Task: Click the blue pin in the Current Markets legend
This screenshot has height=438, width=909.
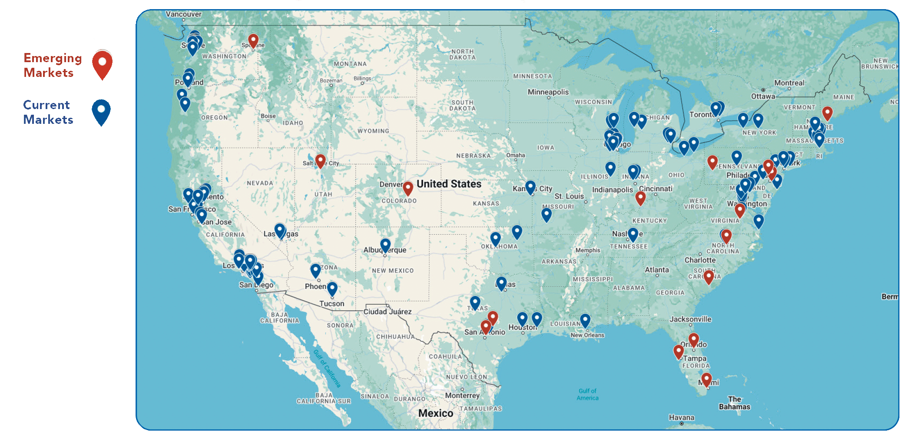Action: tap(101, 111)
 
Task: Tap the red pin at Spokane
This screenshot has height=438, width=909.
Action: tap(253, 41)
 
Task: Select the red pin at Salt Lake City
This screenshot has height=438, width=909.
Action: tap(320, 160)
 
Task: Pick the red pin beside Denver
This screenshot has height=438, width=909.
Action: tap(408, 188)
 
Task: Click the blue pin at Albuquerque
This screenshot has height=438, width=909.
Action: tap(385, 245)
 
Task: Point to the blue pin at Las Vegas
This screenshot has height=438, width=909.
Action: tap(280, 230)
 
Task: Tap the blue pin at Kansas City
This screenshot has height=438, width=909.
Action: tap(530, 187)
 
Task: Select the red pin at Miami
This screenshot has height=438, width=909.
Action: tap(707, 379)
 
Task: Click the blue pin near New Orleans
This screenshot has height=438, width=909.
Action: tap(585, 320)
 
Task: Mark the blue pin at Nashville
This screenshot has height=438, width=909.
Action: tap(633, 234)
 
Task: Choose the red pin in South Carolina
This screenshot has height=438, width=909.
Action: tap(709, 276)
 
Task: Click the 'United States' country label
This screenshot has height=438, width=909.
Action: tap(449, 184)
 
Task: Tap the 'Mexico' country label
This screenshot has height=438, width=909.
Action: tap(435, 413)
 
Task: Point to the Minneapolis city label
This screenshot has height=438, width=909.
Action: tap(548, 92)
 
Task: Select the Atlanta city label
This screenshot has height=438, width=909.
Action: tap(657, 270)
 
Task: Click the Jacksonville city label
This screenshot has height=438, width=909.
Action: tap(690, 319)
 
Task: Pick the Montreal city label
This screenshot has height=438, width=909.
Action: tap(789, 83)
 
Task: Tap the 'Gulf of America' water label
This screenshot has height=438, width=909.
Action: tap(587, 395)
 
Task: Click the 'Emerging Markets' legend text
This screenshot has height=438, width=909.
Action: tap(53, 65)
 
